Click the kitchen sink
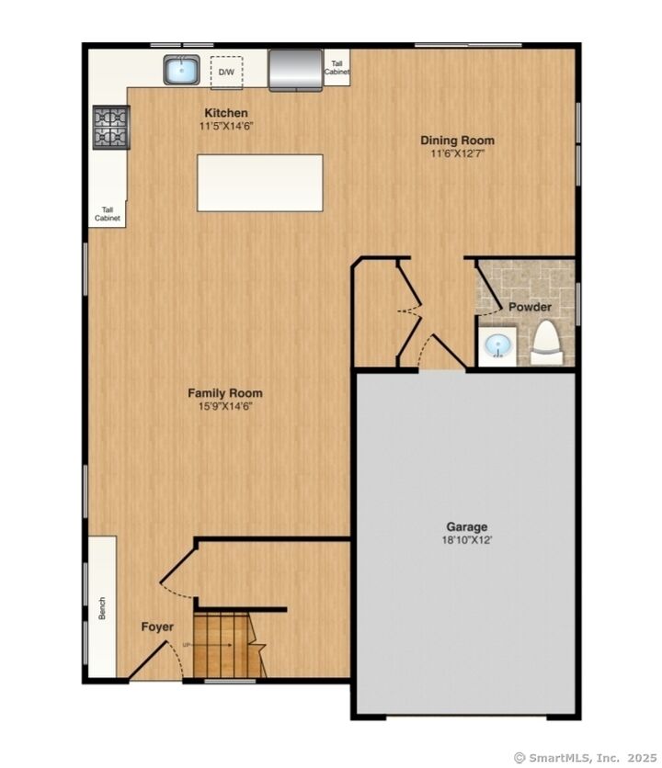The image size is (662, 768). (182, 70)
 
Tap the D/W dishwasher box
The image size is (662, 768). (225, 72)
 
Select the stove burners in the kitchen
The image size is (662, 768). (110, 128)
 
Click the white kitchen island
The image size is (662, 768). (259, 183)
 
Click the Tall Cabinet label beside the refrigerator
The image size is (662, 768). (337, 67)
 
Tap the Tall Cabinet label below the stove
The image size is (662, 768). (108, 215)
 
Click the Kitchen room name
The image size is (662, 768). (226, 113)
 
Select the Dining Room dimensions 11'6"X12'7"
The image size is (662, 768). (457, 153)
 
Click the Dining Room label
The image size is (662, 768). (457, 141)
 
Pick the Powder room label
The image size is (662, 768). (530, 307)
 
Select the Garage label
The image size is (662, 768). (467, 527)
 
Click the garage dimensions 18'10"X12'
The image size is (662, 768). (467, 541)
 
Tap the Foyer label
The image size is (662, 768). (157, 627)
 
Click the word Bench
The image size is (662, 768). (103, 608)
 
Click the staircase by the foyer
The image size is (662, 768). (226, 644)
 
